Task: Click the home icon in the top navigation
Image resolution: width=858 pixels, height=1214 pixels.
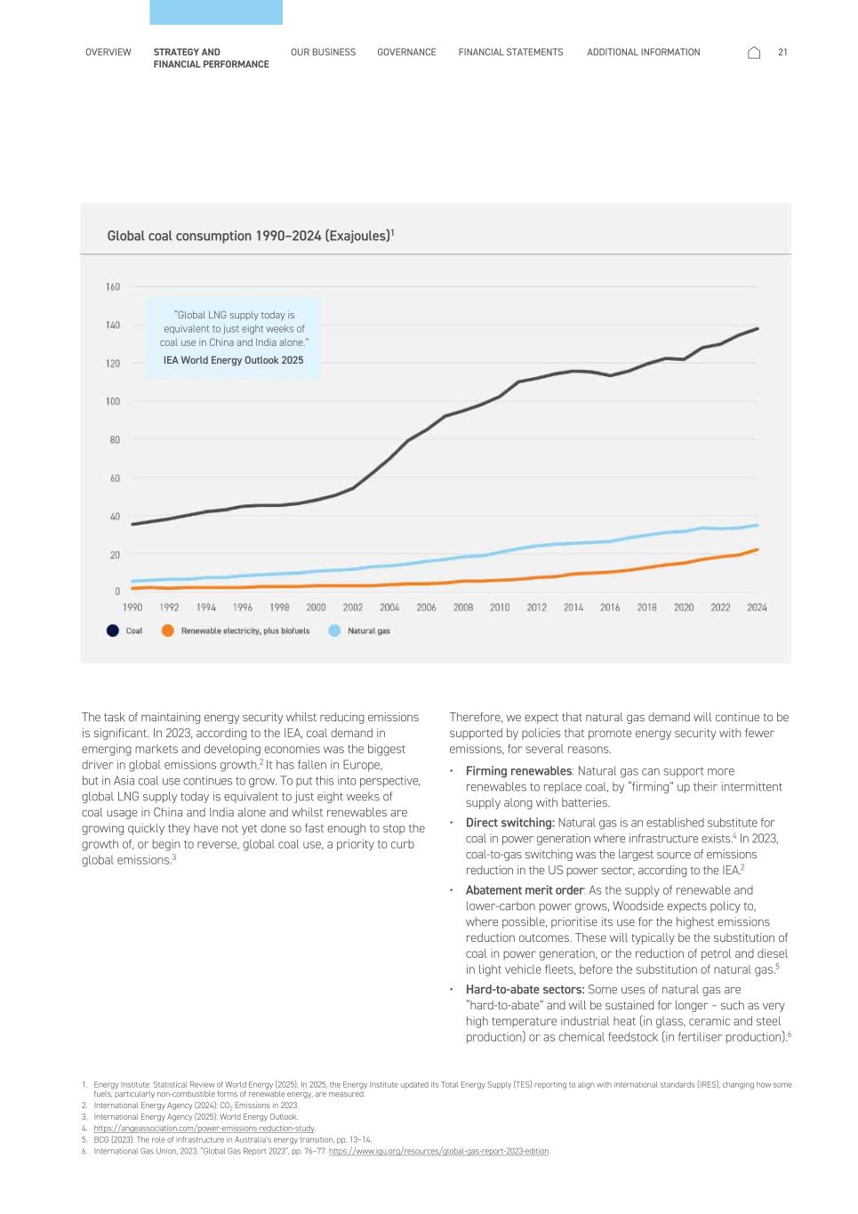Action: (754, 52)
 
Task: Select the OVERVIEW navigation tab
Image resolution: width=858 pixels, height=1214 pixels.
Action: (108, 52)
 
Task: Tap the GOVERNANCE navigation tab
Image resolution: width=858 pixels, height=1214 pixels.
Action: (406, 52)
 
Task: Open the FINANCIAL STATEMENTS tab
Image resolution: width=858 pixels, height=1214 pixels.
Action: (510, 52)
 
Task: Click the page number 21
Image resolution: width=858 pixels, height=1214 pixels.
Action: (782, 52)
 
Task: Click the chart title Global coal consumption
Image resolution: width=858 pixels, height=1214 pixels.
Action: (250, 236)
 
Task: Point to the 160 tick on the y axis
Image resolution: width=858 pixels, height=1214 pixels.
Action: (112, 286)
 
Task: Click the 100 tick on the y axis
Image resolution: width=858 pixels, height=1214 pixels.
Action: (112, 401)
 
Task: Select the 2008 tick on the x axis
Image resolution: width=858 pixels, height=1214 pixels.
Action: (462, 607)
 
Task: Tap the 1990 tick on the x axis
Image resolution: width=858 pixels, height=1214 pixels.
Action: (132, 607)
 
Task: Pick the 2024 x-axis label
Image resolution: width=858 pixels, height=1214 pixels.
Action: (757, 607)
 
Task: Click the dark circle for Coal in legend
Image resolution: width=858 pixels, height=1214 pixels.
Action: (113, 631)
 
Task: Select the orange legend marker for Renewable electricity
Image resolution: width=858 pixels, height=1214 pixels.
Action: (167, 631)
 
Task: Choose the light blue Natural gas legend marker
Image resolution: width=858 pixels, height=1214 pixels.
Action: (334, 631)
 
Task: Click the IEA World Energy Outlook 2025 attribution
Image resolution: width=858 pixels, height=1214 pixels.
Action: (233, 360)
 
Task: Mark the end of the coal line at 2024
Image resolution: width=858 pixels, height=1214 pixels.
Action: (758, 328)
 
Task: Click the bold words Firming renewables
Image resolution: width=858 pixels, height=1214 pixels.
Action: (518, 771)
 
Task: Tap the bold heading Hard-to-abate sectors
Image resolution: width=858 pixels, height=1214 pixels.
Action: (525, 989)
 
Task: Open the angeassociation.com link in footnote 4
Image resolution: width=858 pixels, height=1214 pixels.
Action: (204, 1129)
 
